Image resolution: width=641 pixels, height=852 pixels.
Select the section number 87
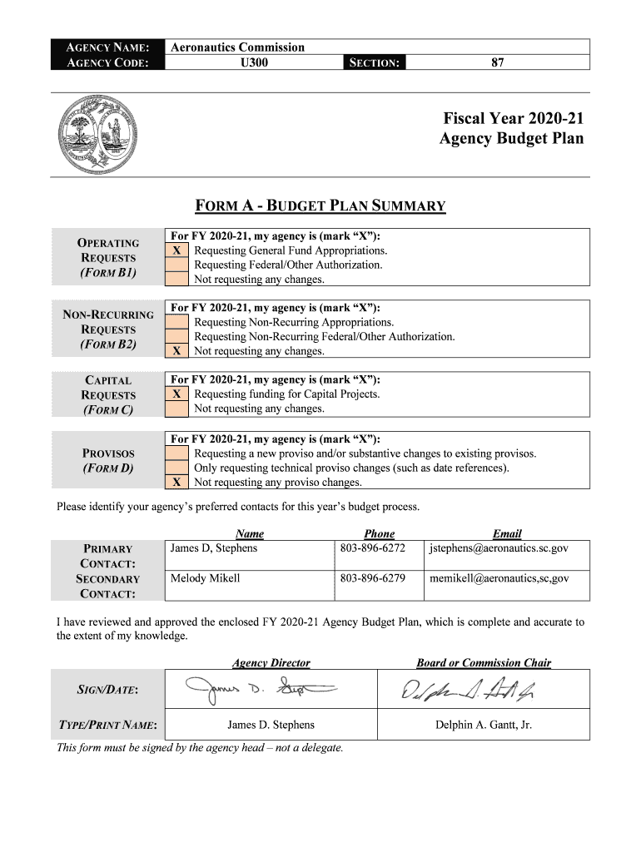pos(497,62)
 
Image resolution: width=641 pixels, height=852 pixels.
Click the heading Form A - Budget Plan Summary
pos(320,206)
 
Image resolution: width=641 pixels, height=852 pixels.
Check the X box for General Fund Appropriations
pos(176,250)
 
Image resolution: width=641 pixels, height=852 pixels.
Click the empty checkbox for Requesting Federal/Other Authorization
pos(176,265)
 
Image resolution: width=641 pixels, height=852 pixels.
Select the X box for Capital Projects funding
pos(176,394)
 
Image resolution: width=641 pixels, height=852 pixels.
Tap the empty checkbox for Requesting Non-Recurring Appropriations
pos(176,322)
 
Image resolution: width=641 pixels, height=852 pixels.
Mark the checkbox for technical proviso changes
pos(176,468)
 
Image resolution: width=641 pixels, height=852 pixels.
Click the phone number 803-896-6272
pos(372,548)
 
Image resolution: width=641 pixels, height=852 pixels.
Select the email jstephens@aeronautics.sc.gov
pos(499,548)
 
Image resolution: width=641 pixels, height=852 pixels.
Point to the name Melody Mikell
pos(205,578)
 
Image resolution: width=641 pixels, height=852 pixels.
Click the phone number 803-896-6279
pos(372,578)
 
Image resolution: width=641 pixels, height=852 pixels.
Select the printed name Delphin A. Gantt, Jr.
pos(483,725)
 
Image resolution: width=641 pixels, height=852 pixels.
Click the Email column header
pos(506,533)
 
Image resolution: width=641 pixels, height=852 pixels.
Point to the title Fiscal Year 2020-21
pos(513,118)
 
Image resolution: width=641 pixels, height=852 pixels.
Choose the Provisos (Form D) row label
pos(108,460)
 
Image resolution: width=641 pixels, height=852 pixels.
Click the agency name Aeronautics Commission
pos(237,47)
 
